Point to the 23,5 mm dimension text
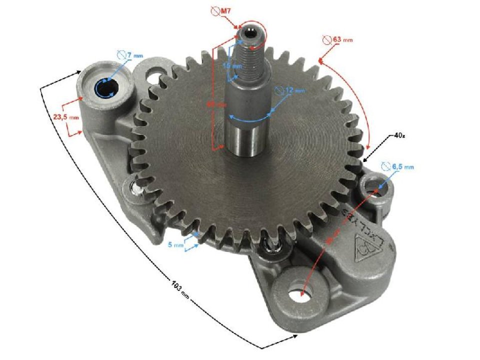coord(66,117)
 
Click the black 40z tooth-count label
coord(398,135)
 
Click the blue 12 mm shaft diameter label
coord(295,90)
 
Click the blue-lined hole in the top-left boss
coord(106,89)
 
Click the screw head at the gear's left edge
coord(136,188)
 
